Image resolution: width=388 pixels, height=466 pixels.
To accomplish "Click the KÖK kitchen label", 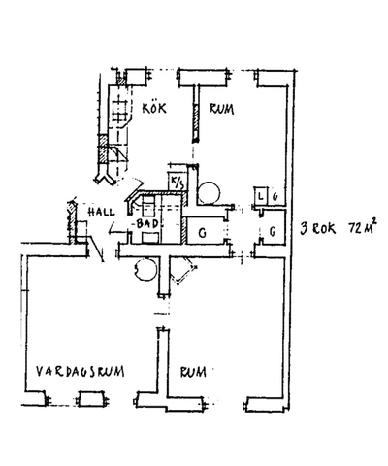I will point(154,108).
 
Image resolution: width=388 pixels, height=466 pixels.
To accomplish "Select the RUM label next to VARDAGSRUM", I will point(193,371).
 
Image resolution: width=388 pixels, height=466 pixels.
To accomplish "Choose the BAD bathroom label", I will point(147,224).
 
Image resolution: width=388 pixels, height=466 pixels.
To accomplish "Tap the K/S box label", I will point(177,183).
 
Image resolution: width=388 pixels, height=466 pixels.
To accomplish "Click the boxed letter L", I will point(261,197).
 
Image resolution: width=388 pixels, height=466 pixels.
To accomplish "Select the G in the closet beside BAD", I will point(202,233).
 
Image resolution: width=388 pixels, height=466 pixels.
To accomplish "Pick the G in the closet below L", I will point(274,233).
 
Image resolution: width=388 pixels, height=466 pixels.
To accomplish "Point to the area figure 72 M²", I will point(362,229).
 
